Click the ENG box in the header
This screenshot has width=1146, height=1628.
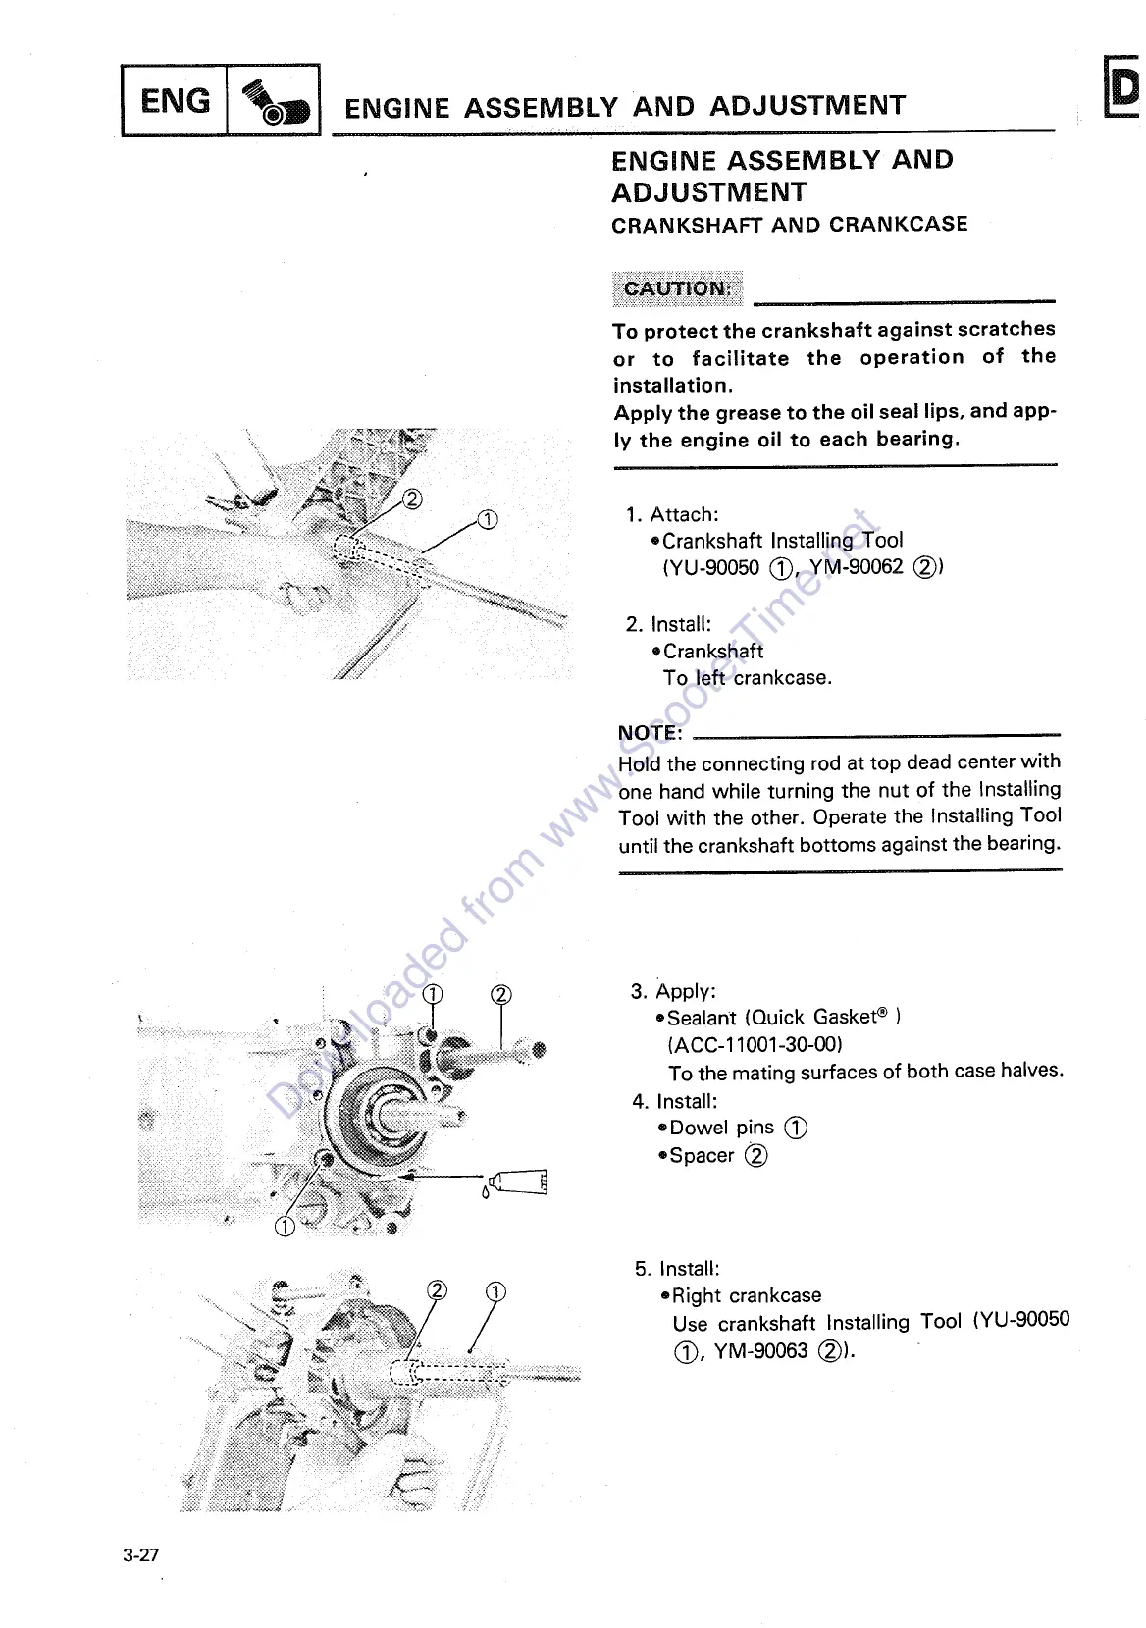(x=175, y=100)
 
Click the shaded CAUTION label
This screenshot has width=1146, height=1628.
(x=677, y=289)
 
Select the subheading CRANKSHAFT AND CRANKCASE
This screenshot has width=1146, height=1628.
(x=789, y=225)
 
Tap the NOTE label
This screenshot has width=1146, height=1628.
(x=650, y=733)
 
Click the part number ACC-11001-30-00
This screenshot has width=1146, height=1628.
(x=755, y=1044)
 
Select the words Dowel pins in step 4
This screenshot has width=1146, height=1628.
(x=722, y=1129)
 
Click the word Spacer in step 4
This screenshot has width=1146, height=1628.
(x=702, y=1156)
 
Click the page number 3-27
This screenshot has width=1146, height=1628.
(x=141, y=1554)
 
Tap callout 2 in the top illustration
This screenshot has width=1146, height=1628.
(x=413, y=499)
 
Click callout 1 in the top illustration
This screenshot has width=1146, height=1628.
(x=488, y=519)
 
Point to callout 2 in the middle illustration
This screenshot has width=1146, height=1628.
(x=501, y=994)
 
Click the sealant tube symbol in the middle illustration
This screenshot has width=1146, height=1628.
(x=517, y=1182)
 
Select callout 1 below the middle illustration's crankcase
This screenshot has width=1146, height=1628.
(x=285, y=1227)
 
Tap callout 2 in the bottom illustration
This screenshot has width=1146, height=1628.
(x=438, y=1290)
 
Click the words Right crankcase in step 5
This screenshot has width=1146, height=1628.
(x=747, y=1295)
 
